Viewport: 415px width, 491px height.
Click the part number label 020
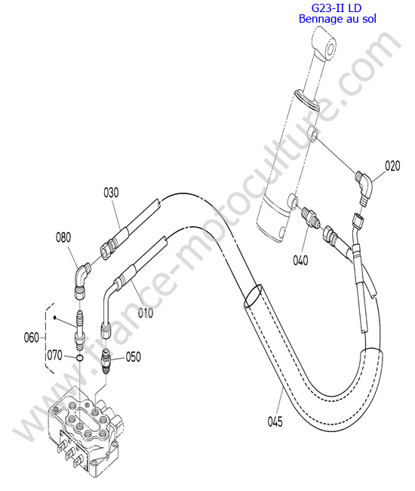(x=392, y=165)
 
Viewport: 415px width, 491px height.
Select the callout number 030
(x=111, y=193)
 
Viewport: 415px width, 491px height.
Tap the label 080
(x=63, y=237)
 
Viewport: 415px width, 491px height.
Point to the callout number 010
(x=146, y=313)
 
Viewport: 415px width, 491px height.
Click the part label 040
(x=300, y=260)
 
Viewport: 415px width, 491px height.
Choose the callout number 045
(x=275, y=422)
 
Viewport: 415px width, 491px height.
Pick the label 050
(x=134, y=357)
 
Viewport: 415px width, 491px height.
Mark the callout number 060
(x=32, y=338)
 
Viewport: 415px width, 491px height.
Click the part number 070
(x=55, y=356)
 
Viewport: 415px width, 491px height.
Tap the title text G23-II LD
(x=337, y=8)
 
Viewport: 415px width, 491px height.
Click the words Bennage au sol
(x=337, y=19)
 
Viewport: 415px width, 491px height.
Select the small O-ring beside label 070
(x=80, y=357)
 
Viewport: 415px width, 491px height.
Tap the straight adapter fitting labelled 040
(x=310, y=216)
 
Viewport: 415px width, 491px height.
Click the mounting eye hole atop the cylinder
(x=331, y=48)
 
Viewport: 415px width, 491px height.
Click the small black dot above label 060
(x=55, y=318)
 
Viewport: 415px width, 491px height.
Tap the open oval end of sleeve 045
(x=253, y=296)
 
